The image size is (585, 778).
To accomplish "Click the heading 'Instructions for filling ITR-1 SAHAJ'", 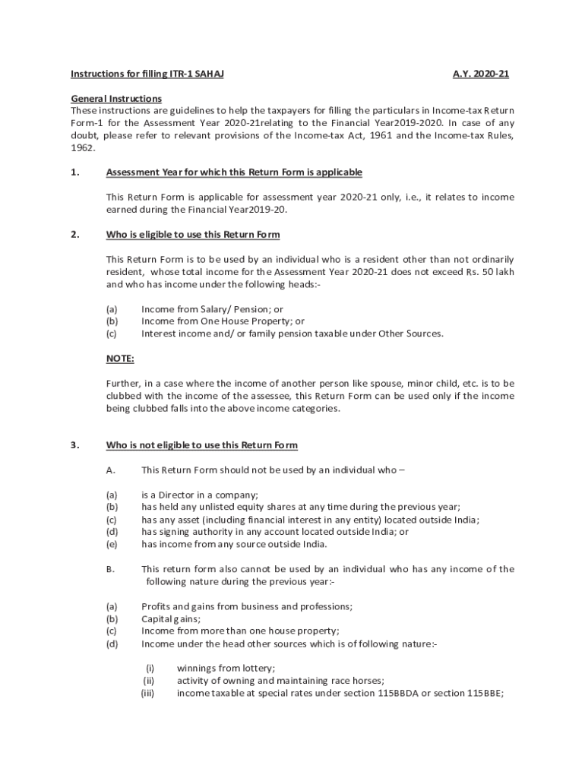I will click(147, 74).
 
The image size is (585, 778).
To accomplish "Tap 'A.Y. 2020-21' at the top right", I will click(481, 74).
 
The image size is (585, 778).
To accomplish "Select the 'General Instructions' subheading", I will click(116, 99).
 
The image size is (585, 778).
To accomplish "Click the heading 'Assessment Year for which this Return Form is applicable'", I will click(234, 172).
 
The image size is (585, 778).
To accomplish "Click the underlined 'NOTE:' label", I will click(120, 359).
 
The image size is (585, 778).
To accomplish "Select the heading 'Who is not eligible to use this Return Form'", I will click(202, 444).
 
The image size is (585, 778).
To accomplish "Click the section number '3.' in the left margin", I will click(75, 444).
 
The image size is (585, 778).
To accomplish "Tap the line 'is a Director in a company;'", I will click(201, 495).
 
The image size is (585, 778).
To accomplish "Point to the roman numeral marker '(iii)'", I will click(147, 693).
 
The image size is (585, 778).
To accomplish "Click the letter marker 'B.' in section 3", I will click(111, 569).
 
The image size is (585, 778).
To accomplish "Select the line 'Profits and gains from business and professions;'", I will click(247, 606).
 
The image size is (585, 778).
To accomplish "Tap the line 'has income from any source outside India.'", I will click(235, 544).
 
